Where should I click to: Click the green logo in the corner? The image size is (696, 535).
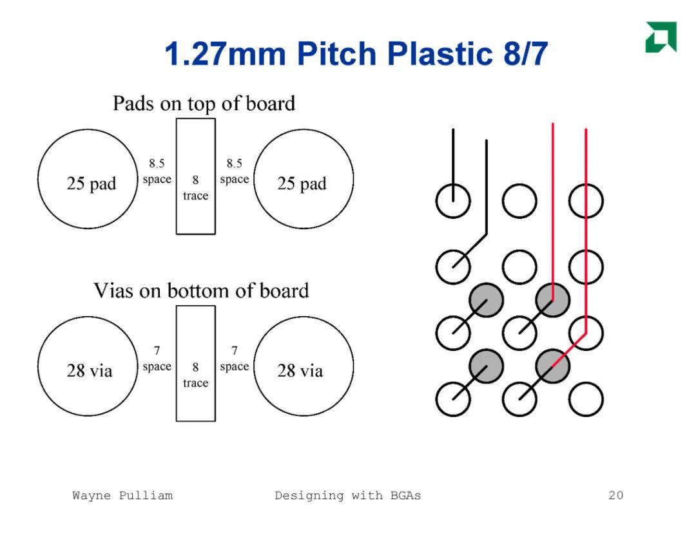(x=661, y=37)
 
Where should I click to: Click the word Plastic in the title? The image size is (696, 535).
(x=440, y=53)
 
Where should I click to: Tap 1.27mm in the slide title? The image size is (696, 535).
(x=226, y=53)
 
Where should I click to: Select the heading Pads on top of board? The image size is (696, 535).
(x=204, y=104)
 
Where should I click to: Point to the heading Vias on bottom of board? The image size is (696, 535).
(x=201, y=290)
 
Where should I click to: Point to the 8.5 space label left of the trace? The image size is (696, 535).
(x=157, y=171)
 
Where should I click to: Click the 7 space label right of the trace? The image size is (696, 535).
(x=235, y=359)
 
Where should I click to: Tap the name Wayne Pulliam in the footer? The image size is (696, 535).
(x=122, y=496)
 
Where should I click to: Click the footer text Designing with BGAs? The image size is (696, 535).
(x=347, y=496)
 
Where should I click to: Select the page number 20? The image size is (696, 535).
(x=615, y=495)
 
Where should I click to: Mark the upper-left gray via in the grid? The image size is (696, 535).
(x=487, y=300)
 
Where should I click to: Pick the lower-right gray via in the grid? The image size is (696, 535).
(x=553, y=366)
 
